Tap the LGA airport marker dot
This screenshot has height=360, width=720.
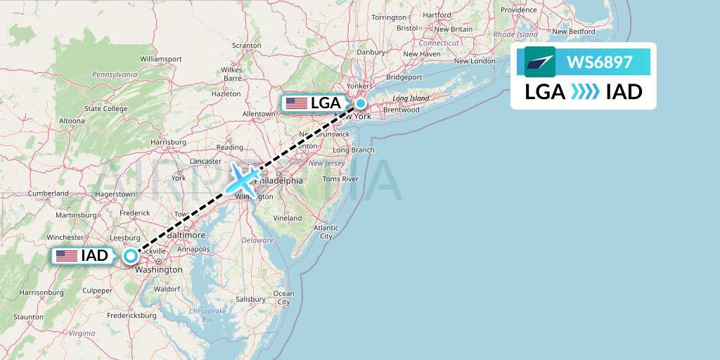360,103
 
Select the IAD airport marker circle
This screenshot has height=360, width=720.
130,256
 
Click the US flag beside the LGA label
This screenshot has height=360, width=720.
297,103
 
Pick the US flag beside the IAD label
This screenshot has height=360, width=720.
67,256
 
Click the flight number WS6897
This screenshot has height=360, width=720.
600,63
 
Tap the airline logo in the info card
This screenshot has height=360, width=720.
540,63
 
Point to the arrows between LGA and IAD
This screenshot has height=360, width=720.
585,92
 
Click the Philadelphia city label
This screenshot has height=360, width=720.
281,181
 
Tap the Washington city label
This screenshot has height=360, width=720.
160,269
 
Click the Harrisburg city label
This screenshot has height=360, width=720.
168,142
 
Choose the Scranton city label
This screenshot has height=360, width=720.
246,46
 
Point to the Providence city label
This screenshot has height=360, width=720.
519,10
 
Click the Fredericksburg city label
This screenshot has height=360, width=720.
131,316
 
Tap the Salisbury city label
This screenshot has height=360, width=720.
251,299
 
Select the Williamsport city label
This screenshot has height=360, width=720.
161,58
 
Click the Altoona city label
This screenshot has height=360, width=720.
71,120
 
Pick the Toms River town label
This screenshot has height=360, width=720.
340,179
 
